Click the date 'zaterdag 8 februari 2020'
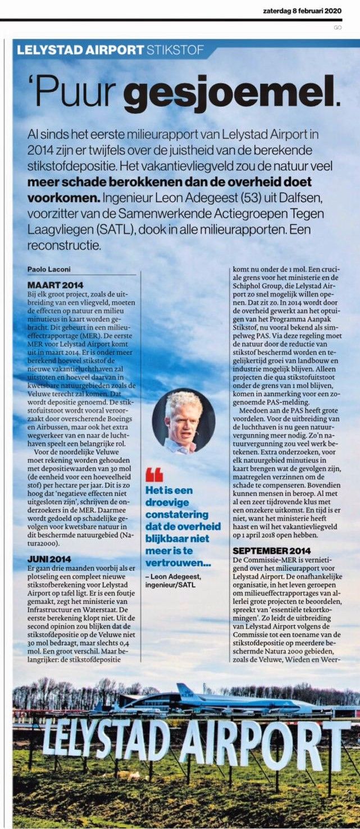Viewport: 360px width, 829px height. (303, 11)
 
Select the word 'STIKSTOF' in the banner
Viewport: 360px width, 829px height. (174, 50)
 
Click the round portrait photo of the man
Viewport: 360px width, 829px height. (183, 420)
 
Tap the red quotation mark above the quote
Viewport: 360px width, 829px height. (154, 474)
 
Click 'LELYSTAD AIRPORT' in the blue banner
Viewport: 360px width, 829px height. (80, 50)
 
